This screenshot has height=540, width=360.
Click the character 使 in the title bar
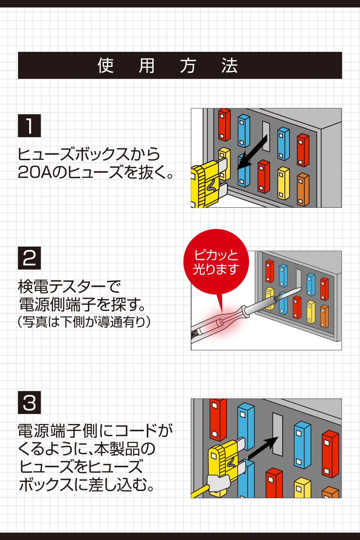click(x=105, y=66)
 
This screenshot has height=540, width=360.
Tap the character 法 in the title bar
click(x=229, y=66)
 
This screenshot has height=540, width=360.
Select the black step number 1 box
click(x=29, y=126)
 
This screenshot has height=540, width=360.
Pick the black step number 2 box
click(x=29, y=258)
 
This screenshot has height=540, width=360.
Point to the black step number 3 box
click(x=29, y=402)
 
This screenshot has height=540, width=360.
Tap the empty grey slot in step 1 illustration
click(x=266, y=136)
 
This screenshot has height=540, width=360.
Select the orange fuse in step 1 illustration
click(x=303, y=189)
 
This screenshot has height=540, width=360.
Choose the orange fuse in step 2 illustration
click(x=324, y=316)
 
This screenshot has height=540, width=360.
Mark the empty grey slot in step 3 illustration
click(x=278, y=434)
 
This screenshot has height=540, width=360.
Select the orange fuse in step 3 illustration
click(x=330, y=492)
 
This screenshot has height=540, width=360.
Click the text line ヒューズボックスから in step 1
click(x=89, y=154)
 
